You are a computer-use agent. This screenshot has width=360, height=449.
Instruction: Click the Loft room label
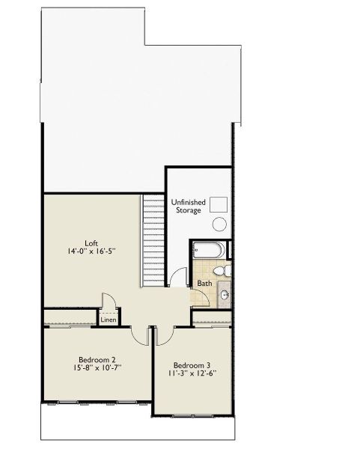coord(91,243)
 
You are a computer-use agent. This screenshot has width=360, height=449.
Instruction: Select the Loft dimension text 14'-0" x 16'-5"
coord(91,251)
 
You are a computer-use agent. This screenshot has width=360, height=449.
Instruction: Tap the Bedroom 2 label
coord(97,360)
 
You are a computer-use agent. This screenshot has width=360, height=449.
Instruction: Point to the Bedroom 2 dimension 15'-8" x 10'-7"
coord(97,367)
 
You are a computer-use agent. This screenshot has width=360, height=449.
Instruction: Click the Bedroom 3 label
coord(192,365)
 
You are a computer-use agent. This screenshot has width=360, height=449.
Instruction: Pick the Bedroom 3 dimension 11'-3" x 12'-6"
coord(192,373)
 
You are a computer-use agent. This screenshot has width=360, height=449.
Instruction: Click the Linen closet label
coord(109,320)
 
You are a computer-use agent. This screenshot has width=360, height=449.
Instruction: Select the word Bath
coord(204,284)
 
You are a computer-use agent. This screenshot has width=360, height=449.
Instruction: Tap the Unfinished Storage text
coord(188,207)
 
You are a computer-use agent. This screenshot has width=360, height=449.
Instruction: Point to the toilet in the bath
coord(222,271)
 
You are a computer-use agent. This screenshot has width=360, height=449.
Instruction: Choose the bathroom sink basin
coord(225,295)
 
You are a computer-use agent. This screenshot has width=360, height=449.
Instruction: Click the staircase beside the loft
coord(153,240)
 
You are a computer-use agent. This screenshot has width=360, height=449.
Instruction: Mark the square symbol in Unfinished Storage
coord(219,204)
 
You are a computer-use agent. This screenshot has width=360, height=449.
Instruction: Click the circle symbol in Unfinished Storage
coord(219,224)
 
